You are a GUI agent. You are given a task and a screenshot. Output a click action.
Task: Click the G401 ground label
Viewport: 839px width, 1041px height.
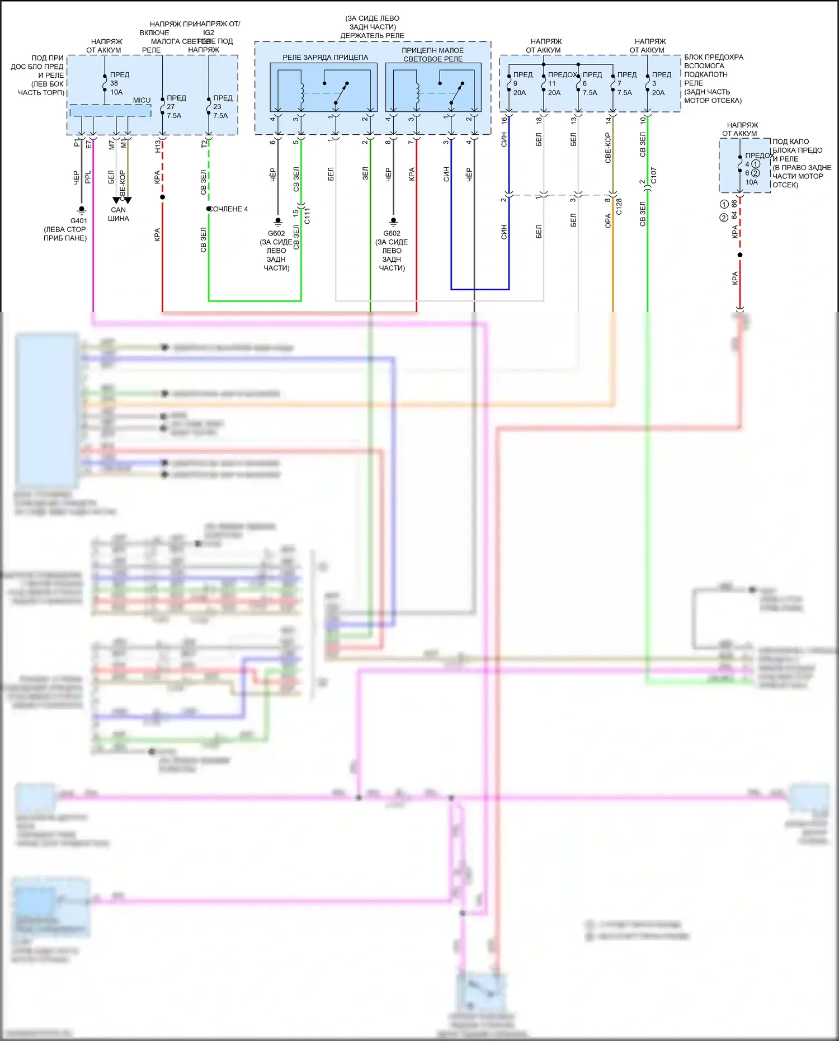(79, 220)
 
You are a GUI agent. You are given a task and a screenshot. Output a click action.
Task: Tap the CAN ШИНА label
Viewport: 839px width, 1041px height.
(119, 214)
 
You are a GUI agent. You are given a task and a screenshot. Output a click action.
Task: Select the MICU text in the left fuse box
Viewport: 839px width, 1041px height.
(142, 100)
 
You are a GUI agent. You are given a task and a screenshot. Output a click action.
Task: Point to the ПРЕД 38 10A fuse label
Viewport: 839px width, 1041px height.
(118, 83)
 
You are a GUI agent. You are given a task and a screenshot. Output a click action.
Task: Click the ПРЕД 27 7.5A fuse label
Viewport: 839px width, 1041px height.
(176, 107)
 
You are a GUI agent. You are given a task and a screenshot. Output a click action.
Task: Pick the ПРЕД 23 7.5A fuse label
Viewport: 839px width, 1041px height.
(222, 107)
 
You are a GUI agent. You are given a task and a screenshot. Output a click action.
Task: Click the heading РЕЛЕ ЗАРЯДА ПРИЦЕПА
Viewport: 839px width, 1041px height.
(325, 58)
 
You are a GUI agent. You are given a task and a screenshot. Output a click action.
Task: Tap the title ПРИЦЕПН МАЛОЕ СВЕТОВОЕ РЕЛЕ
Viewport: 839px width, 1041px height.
(432, 54)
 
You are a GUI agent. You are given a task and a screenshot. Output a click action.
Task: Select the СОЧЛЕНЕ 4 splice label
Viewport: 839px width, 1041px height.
(229, 209)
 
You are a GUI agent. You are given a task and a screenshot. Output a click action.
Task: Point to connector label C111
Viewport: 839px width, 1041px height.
(307, 215)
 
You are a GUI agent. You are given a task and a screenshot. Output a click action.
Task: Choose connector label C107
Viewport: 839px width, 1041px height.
(653, 176)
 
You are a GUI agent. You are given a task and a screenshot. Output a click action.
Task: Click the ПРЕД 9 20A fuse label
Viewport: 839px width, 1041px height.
(521, 83)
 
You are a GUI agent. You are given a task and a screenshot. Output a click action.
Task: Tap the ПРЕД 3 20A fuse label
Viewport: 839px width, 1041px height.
(660, 83)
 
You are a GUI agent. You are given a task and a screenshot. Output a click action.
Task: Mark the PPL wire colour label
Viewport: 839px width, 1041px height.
(88, 177)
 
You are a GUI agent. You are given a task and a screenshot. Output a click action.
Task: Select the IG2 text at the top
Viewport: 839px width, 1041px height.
(209, 32)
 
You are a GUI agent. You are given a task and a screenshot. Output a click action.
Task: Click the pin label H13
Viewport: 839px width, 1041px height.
(158, 147)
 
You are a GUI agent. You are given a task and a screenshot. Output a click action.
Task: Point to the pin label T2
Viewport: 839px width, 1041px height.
(204, 144)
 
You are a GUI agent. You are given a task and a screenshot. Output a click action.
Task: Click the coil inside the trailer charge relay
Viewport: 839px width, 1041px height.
(302, 92)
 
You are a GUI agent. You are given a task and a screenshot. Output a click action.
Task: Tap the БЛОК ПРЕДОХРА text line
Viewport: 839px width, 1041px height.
(713, 57)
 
